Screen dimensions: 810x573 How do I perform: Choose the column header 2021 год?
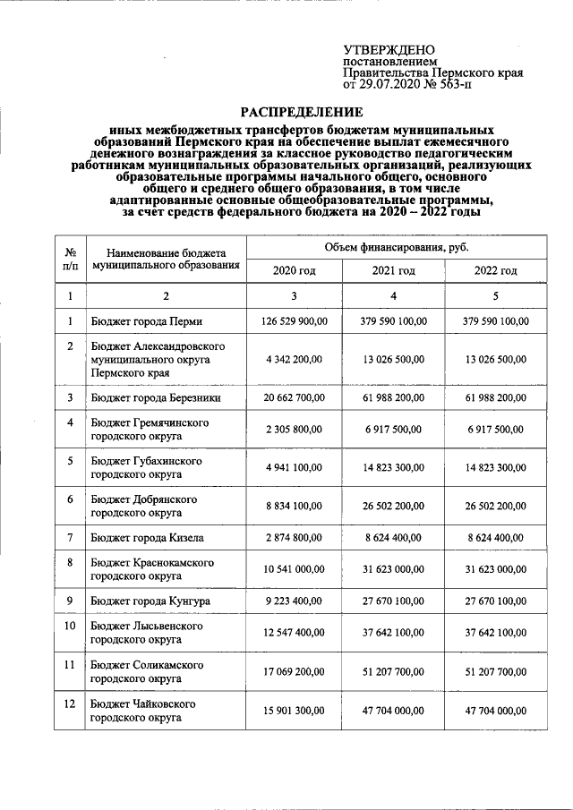(x=394, y=270)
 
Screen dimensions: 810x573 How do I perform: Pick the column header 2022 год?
(x=496, y=270)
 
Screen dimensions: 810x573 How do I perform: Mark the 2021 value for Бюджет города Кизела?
(x=394, y=537)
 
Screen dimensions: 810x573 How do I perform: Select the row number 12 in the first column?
(x=70, y=704)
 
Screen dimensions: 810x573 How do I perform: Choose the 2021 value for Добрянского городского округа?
(x=394, y=506)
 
